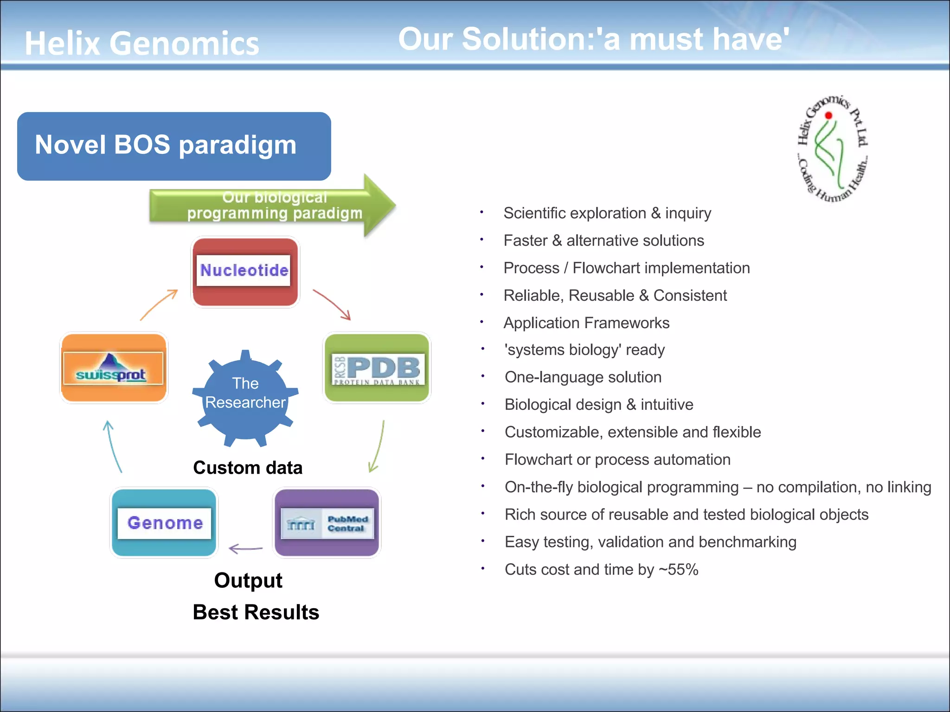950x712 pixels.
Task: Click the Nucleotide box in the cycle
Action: coord(245,272)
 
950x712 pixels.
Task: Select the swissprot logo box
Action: coord(114,368)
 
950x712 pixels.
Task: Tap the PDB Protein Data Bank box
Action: coord(377,368)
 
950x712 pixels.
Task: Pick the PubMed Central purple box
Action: coord(327,522)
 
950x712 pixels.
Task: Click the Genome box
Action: coord(164,522)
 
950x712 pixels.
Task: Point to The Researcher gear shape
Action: coord(245,396)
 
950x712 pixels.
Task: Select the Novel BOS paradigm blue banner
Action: coord(174,146)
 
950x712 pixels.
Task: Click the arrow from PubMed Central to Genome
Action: coord(246,549)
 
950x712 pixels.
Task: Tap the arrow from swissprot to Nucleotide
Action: coord(159,304)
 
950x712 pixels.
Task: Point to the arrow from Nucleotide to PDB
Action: coord(332,305)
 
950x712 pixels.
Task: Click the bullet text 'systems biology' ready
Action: coord(584,350)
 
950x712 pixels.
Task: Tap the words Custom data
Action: coord(248,468)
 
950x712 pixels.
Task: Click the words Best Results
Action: coord(256,612)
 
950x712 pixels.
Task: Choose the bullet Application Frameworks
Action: coord(586,323)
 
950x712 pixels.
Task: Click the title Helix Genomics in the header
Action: coord(142,43)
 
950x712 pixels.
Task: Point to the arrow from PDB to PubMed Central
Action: coord(377,446)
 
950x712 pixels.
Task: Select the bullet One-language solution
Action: coord(583,377)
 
